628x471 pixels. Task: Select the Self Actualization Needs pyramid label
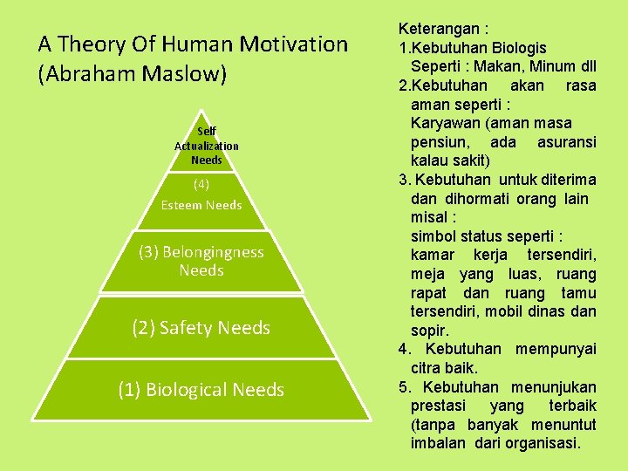[207, 146]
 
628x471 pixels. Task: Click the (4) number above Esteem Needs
[201, 184]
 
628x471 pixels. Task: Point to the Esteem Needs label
[201, 205]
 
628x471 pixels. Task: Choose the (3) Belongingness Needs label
[201, 261]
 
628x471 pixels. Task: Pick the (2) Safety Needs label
[201, 328]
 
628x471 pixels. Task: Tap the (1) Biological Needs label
[201, 390]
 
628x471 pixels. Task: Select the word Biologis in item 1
[515, 48]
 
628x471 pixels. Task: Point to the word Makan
[504, 67]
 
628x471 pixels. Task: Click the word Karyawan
[447, 123]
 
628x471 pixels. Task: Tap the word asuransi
[567, 142]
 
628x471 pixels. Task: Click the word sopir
[430, 331]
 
